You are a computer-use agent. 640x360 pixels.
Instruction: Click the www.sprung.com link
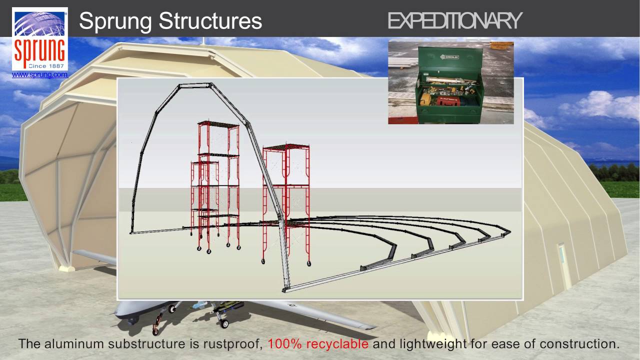click(x=39, y=75)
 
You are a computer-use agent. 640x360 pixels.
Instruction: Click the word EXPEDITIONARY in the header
click(x=454, y=21)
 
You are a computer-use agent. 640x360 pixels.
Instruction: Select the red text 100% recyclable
click(x=318, y=344)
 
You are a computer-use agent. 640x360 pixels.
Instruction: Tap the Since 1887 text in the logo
click(x=40, y=65)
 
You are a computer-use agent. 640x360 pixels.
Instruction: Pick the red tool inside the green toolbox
click(x=448, y=101)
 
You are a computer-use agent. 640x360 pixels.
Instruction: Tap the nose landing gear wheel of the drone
click(x=155, y=330)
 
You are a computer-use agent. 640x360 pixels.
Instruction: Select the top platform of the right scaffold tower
click(x=286, y=147)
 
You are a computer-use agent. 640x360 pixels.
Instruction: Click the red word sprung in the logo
click(x=39, y=50)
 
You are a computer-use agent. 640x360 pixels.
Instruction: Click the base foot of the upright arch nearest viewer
click(x=285, y=288)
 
